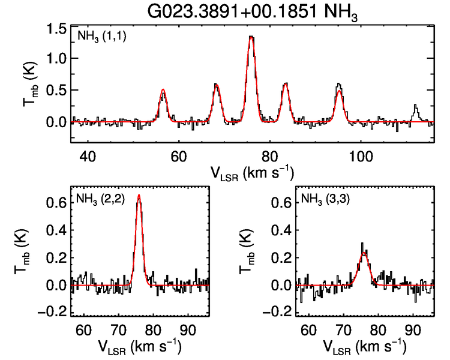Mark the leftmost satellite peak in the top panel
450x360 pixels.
(163, 90)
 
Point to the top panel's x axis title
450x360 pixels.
(251, 172)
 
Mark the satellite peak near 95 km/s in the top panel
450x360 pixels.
(339, 85)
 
